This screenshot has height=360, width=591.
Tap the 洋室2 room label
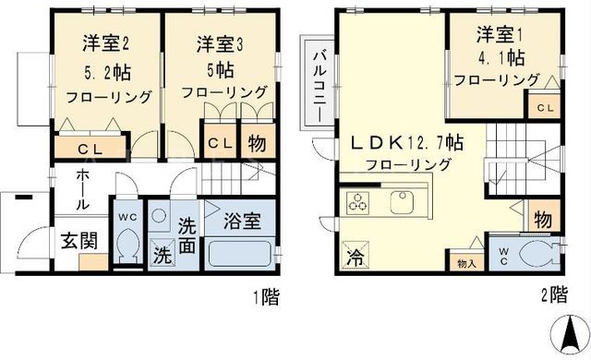click(x=106, y=43)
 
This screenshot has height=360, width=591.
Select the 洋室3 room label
click(x=220, y=44)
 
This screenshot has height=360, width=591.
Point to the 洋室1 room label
click(x=500, y=35)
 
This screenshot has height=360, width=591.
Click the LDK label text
click(x=406, y=143)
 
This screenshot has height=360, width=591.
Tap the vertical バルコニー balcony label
click(x=320, y=87)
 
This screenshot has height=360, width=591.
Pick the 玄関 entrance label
click(x=79, y=241)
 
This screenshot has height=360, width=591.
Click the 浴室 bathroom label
click(x=242, y=221)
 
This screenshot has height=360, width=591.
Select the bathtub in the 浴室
click(x=239, y=254)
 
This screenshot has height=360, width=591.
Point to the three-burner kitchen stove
click(x=357, y=201)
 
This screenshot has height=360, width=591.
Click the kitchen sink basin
click(x=403, y=202)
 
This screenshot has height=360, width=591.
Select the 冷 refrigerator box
click(x=355, y=256)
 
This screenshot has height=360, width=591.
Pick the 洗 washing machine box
click(x=163, y=253)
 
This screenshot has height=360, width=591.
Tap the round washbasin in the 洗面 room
click(x=159, y=216)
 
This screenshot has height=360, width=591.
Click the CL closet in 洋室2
click(x=90, y=148)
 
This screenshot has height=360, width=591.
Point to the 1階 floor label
click(x=267, y=296)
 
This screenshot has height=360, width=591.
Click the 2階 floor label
click(x=554, y=294)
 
